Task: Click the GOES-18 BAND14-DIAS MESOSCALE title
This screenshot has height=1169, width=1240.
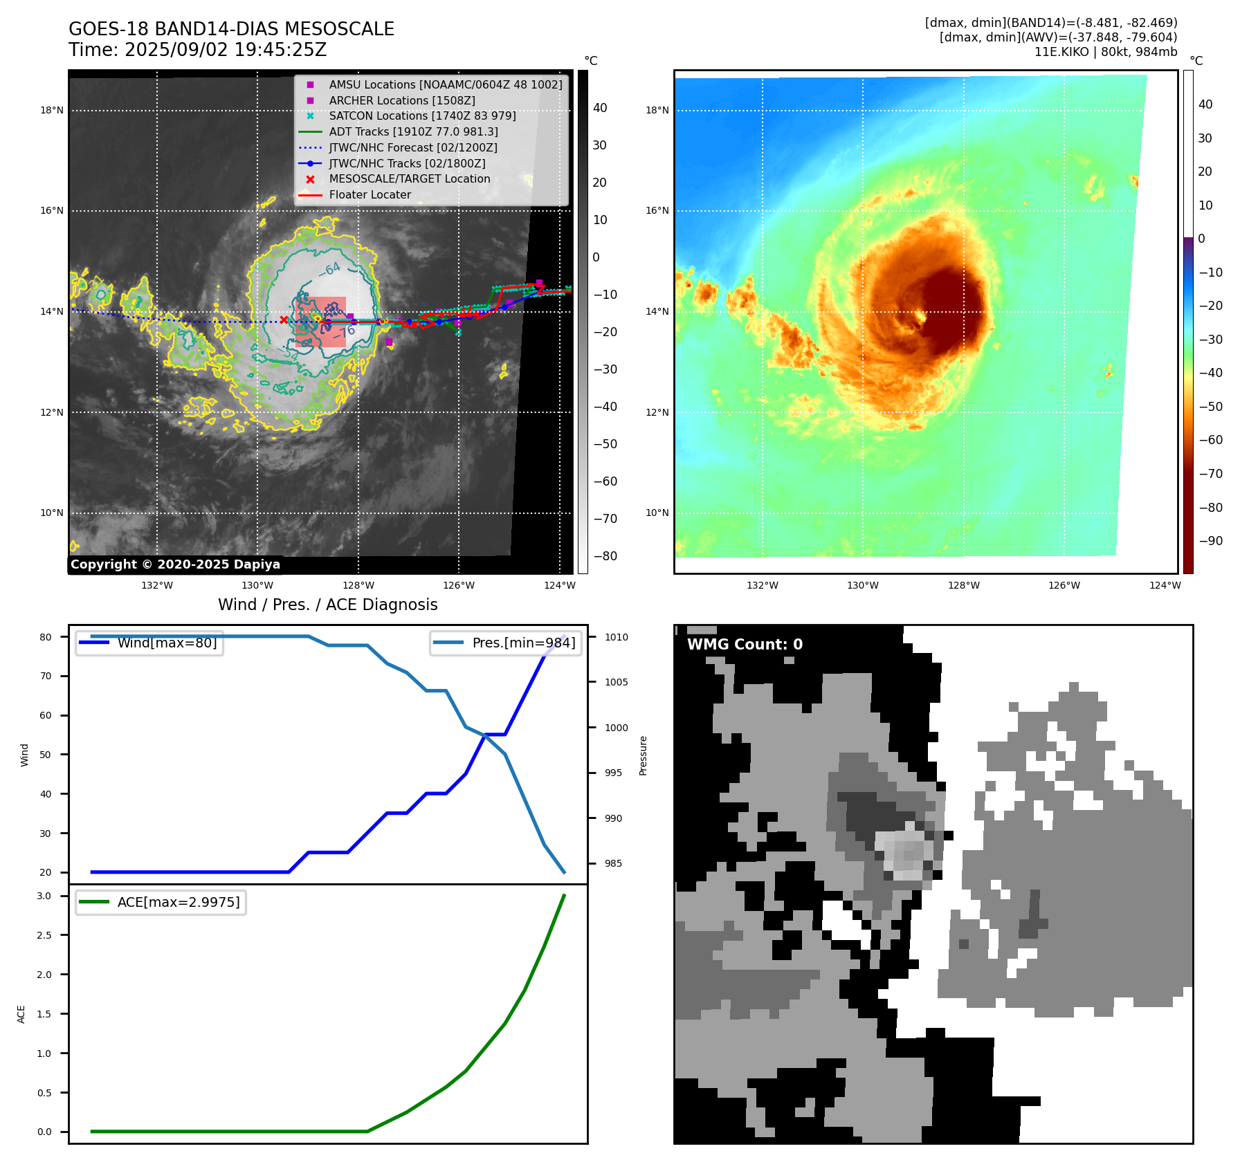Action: pyautogui.click(x=231, y=29)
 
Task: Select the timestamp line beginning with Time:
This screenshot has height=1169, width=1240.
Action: pyautogui.click(x=197, y=50)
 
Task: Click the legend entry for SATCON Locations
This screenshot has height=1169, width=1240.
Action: pyautogui.click(x=422, y=116)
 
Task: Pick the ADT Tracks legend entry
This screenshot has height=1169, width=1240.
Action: pyautogui.click(x=413, y=131)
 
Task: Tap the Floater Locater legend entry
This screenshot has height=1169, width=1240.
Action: pyautogui.click(x=370, y=195)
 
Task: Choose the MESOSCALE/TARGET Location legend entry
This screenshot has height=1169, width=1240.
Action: pyautogui.click(x=409, y=179)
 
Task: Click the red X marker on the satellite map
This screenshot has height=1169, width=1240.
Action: pyautogui.click(x=284, y=320)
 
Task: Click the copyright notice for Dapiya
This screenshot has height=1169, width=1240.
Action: pyautogui.click(x=175, y=564)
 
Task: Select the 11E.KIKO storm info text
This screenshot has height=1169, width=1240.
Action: pyautogui.click(x=1105, y=52)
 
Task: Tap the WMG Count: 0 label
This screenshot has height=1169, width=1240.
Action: pyautogui.click(x=745, y=645)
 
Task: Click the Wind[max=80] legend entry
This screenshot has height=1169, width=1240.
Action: pyautogui.click(x=166, y=643)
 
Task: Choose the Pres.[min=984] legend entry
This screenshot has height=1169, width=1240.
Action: pyautogui.click(x=523, y=643)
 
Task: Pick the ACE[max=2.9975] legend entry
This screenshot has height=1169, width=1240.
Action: pyautogui.click(x=178, y=902)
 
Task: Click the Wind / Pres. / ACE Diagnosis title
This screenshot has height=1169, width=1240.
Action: pyautogui.click(x=327, y=605)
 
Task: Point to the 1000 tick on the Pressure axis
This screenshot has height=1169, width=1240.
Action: pyautogui.click(x=616, y=728)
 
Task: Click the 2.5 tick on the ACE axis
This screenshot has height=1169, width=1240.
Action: pyautogui.click(x=44, y=935)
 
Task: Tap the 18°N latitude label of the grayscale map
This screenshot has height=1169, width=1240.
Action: pyautogui.click(x=52, y=110)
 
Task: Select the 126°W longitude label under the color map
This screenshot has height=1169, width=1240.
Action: pyautogui.click(x=1064, y=585)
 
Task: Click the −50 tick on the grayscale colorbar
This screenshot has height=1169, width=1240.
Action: pyautogui.click(x=605, y=444)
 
